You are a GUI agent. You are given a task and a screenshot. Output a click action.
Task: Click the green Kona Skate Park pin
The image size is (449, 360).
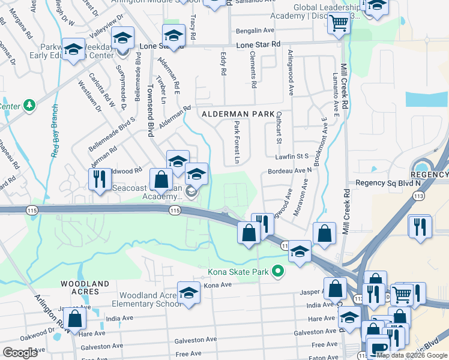(x=277, y=272)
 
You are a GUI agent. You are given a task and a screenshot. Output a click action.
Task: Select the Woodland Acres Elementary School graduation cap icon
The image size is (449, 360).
(x=188, y=293)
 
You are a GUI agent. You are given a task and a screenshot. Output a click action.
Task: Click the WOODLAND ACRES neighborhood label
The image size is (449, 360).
(x=84, y=287)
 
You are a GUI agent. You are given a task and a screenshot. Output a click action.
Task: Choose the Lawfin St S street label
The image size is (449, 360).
(x=292, y=156)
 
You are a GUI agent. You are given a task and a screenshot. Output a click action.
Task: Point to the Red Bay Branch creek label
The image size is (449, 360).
(x=55, y=130)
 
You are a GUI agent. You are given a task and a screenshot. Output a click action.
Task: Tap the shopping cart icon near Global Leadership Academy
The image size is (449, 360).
(x=339, y=23)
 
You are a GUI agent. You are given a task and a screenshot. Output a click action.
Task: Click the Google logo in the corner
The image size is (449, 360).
(x=20, y=353)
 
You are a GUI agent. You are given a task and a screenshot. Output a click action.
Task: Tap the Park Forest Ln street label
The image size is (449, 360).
(x=237, y=142)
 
